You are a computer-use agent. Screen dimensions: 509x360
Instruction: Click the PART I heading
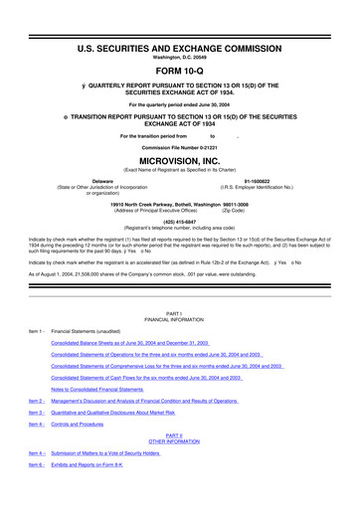pos(179,341)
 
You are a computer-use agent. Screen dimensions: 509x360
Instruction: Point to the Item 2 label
pos(35,429)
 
